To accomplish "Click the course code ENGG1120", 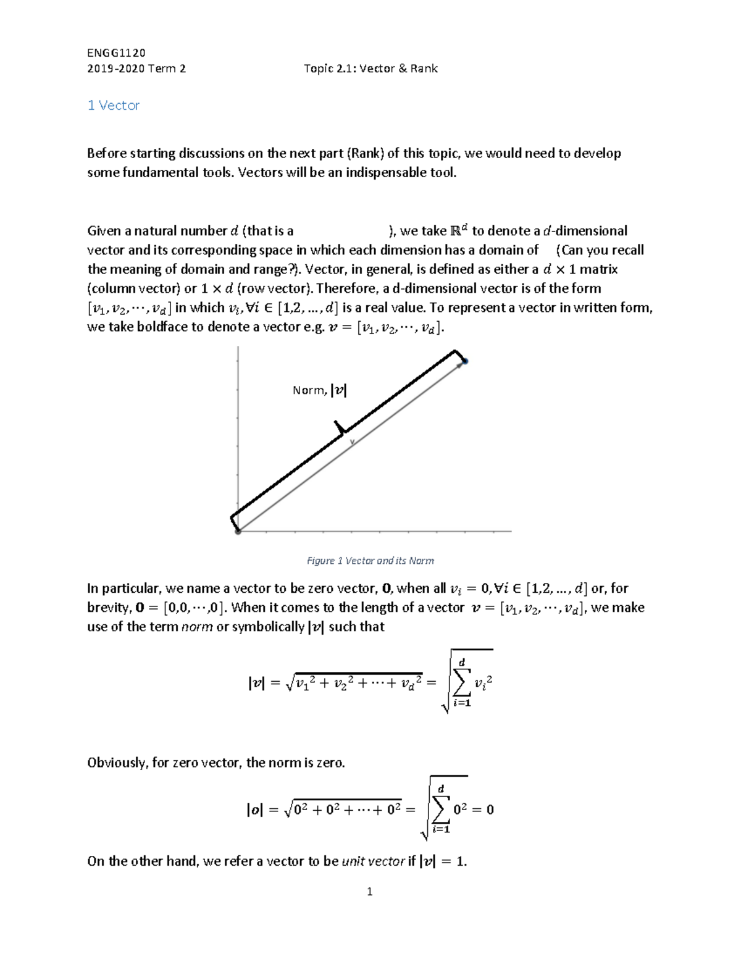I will point(116,52).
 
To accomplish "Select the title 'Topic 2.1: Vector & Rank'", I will point(371,69).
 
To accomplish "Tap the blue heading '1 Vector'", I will point(114,106).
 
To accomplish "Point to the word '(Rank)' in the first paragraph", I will point(365,153).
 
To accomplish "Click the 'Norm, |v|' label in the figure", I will point(319,390).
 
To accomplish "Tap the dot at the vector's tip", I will point(465,361).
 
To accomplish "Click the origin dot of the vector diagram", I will point(238,531).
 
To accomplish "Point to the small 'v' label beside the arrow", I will point(353,442).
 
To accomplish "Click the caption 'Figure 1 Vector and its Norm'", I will point(370,561).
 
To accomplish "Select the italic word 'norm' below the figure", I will point(196,627).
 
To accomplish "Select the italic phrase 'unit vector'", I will point(373,861).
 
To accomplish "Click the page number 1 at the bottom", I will point(369,891).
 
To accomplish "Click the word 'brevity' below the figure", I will point(108,608).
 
